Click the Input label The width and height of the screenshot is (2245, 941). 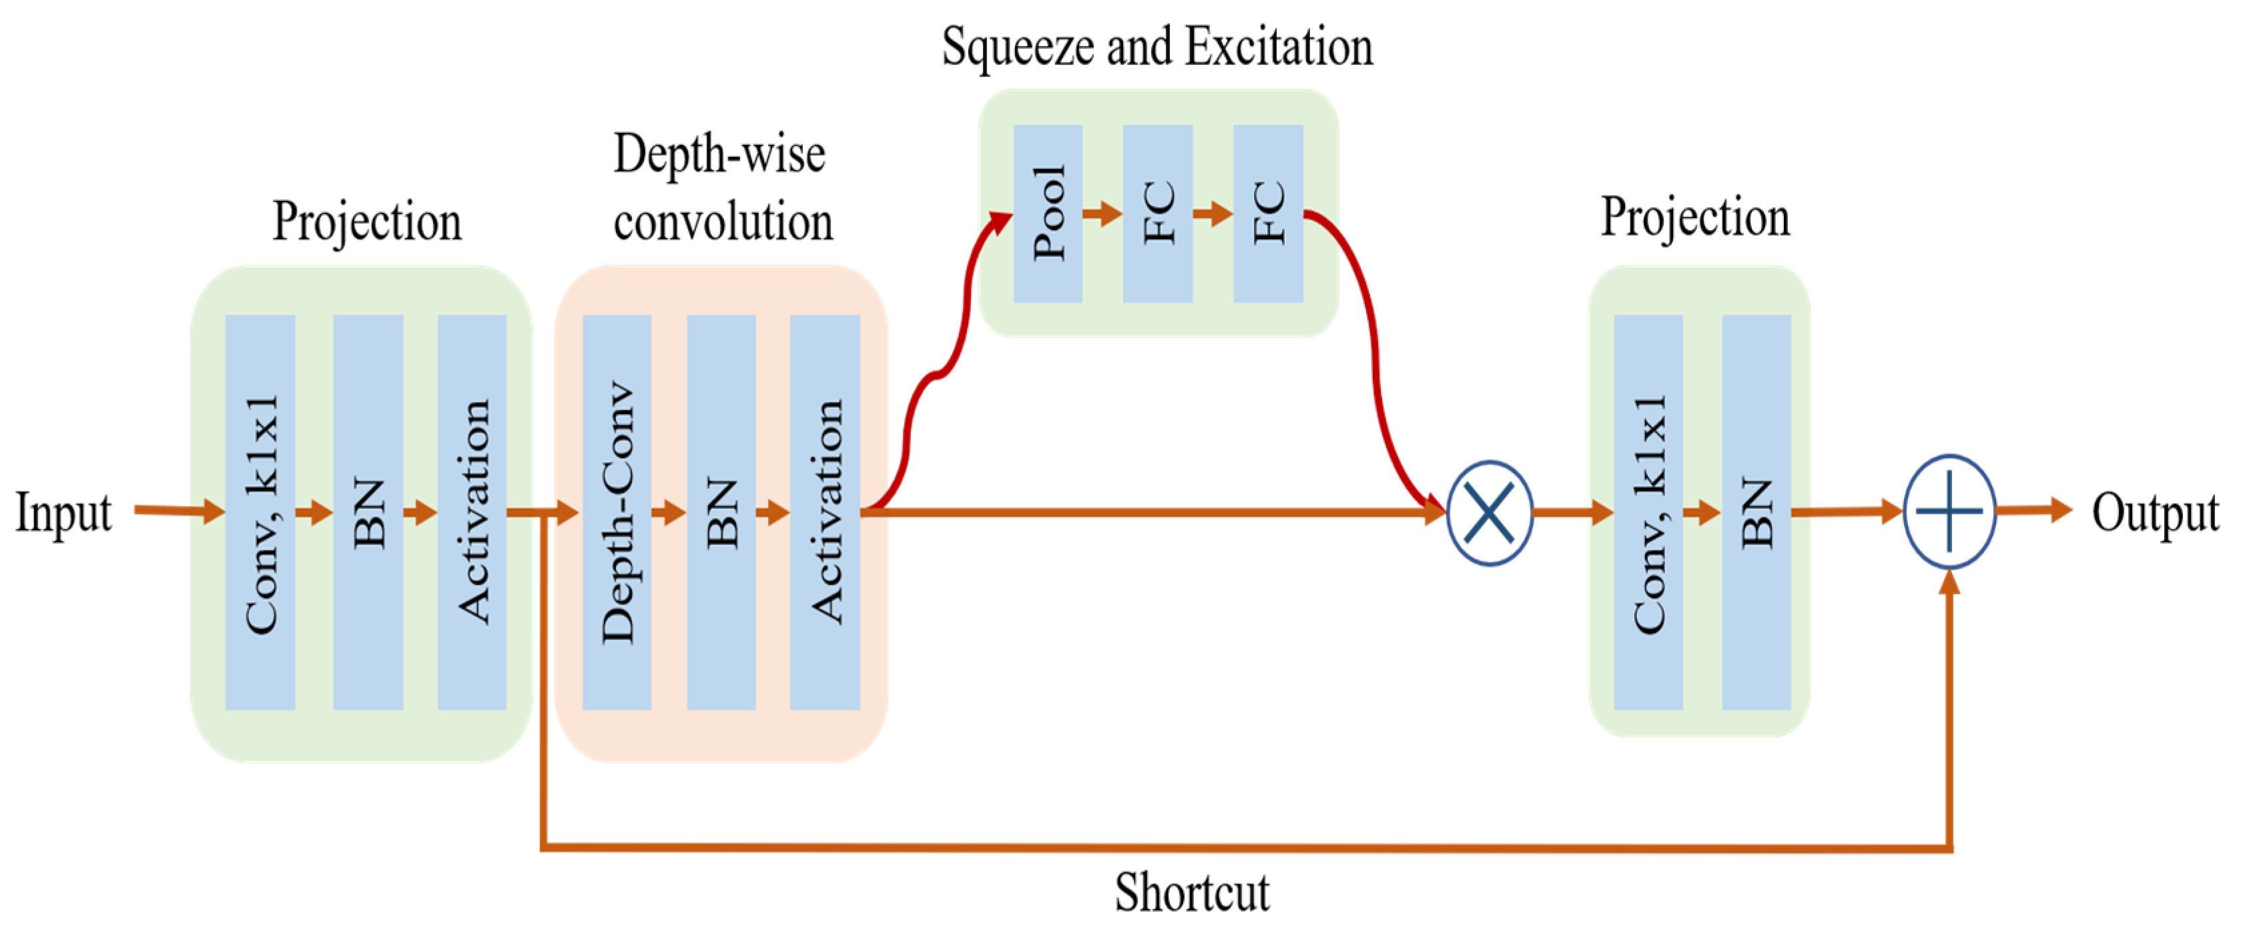(x=63, y=512)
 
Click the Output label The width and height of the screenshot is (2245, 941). (x=2154, y=512)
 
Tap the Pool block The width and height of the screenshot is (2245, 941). (x=1048, y=213)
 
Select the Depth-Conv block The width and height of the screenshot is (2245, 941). (x=616, y=512)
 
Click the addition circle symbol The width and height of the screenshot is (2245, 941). (x=1949, y=512)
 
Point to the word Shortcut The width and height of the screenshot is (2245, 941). (x=1191, y=892)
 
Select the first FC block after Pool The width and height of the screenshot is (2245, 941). (x=1157, y=213)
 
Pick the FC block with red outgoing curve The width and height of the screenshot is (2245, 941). (x=1267, y=213)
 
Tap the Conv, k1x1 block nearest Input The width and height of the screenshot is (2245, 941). (x=260, y=512)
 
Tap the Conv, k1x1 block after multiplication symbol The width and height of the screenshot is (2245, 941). (x=1647, y=512)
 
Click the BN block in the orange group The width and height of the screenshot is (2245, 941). (x=721, y=512)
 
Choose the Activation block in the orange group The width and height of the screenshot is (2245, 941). (x=824, y=512)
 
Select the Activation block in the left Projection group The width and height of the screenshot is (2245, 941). (x=471, y=512)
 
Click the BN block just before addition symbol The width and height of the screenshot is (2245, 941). (x=1755, y=512)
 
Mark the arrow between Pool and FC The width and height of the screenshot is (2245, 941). (x=1102, y=213)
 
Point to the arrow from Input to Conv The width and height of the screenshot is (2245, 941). (x=180, y=511)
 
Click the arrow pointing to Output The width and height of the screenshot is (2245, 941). (x=2034, y=511)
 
